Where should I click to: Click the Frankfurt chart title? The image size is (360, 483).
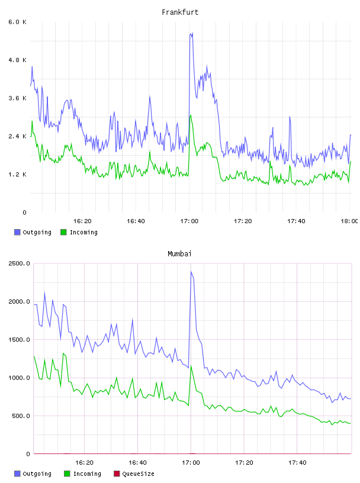pyautogui.click(x=180, y=12)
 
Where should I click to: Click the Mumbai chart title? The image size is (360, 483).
pyautogui.click(x=179, y=254)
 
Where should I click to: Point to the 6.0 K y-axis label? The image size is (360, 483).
pyautogui.click(x=17, y=22)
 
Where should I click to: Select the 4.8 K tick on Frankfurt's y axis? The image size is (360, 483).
pyautogui.click(x=17, y=60)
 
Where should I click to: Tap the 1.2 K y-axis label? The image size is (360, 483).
pyautogui.click(x=17, y=175)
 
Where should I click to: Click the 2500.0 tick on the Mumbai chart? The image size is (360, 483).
pyautogui.click(x=19, y=263)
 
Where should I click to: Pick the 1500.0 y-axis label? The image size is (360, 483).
pyautogui.click(x=19, y=339)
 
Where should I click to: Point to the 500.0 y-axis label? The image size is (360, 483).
pyautogui.click(x=21, y=416)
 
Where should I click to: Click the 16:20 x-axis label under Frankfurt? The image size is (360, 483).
pyautogui.click(x=82, y=221)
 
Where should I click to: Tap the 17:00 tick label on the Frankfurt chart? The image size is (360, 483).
pyautogui.click(x=189, y=221)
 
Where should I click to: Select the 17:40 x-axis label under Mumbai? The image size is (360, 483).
pyautogui.click(x=297, y=462)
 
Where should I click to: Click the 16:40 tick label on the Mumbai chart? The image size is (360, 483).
pyautogui.click(x=137, y=462)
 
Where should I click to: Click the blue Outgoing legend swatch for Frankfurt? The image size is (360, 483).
pyautogui.click(x=17, y=232)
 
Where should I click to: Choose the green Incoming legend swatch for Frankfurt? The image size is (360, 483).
pyautogui.click(x=63, y=232)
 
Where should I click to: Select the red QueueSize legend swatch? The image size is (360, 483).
pyautogui.click(x=117, y=474)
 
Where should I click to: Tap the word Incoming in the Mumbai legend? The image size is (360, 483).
pyautogui.click(x=87, y=474)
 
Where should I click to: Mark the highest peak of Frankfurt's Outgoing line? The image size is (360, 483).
pyautogui.click(x=192, y=33)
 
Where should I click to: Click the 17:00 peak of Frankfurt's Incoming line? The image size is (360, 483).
pyautogui.click(x=191, y=115)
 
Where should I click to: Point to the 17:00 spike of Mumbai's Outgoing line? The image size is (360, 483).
pyautogui.click(x=191, y=271)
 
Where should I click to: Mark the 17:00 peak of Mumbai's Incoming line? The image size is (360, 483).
pyautogui.click(x=191, y=366)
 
